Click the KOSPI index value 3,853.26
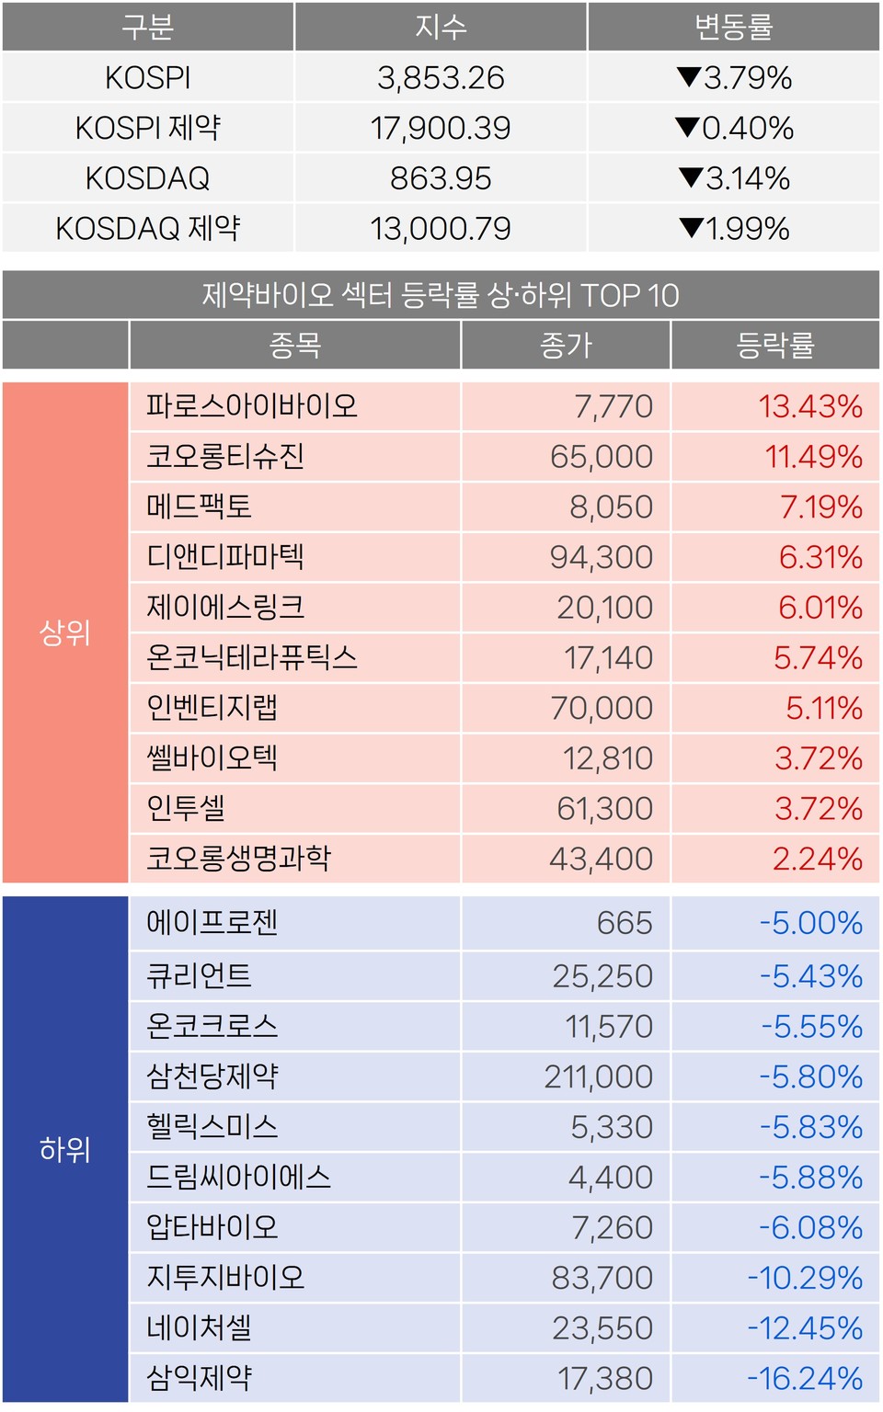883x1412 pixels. point(441,78)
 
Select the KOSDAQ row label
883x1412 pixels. point(147,178)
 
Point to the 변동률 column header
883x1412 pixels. point(734,28)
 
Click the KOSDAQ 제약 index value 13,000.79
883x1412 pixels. point(441,228)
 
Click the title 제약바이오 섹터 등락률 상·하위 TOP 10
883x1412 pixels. point(441,295)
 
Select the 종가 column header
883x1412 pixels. point(566,346)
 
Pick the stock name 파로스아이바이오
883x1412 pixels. point(252,406)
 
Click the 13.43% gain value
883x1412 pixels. point(810,406)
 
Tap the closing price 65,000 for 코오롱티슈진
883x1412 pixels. point(602,457)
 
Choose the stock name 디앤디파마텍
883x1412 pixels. point(225,557)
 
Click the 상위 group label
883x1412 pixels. point(65,632)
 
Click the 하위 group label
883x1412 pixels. point(65,1149)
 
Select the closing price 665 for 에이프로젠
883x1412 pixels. point(625,923)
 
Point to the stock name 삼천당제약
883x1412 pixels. point(212,1076)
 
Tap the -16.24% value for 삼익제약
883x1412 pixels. point(805,1378)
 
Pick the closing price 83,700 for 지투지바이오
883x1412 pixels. point(602,1278)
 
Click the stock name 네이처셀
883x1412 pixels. point(200,1328)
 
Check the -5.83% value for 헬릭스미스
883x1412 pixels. point(810,1127)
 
